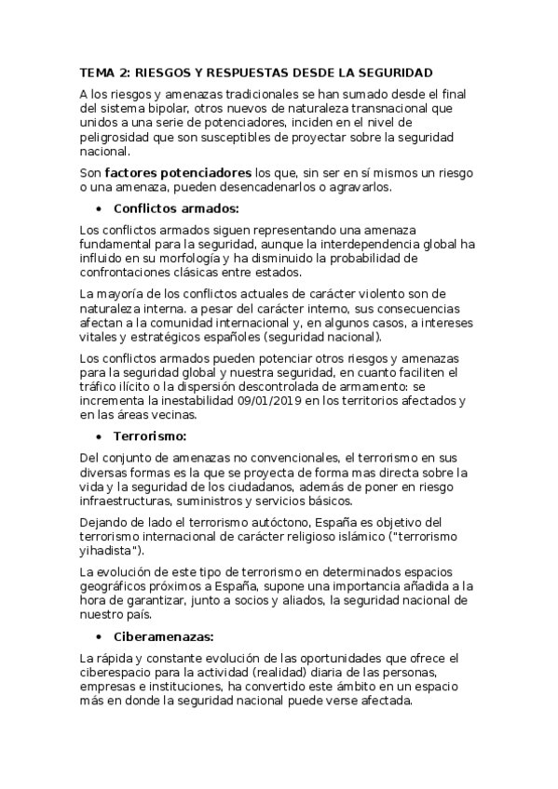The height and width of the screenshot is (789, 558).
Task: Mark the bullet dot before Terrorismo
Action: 100,435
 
